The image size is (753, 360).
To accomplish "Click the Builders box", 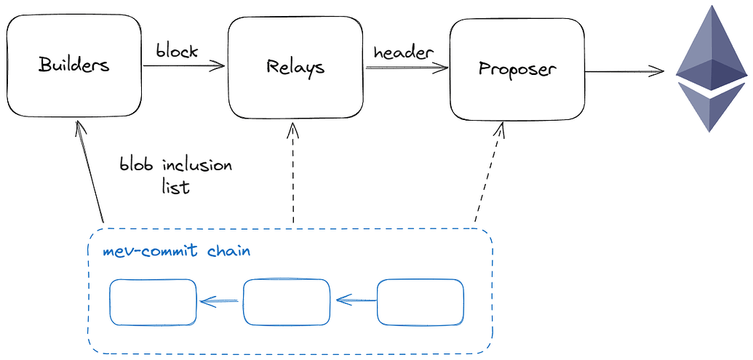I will pyautogui.click(x=73, y=66).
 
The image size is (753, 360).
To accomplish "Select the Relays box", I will pyautogui.click(x=295, y=68).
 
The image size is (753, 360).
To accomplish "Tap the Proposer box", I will pyautogui.click(x=517, y=69).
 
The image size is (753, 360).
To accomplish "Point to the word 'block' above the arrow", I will pyautogui.click(x=176, y=52).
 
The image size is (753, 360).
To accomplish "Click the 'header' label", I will pyautogui.click(x=403, y=52).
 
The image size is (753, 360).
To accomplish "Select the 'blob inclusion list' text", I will pyautogui.click(x=175, y=175).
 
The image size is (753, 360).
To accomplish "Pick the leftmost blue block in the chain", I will pyautogui.click(x=153, y=301).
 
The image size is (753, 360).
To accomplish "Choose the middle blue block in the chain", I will pyautogui.click(x=286, y=301).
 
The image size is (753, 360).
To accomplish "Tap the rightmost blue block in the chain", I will pyautogui.click(x=420, y=301).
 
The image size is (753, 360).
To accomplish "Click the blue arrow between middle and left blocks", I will pyautogui.click(x=220, y=301).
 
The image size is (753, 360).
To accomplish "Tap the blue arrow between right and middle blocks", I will pyautogui.click(x=355, y=300).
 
